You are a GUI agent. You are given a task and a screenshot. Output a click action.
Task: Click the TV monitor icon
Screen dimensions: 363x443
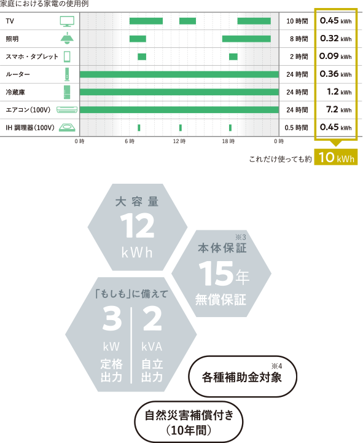(67, 21)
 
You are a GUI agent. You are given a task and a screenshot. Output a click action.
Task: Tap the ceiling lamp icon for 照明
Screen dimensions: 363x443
(67, 39)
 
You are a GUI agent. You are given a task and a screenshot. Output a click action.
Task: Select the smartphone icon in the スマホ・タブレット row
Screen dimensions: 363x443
(67, 57)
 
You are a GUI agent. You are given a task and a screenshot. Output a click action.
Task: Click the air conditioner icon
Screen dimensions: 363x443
(67, 109)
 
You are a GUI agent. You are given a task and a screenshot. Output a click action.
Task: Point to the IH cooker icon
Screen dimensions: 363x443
(67, 127)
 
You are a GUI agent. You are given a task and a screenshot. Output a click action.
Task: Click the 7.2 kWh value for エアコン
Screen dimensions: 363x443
(339, 109)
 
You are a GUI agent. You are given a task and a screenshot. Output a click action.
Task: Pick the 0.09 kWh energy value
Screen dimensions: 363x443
(335, 57)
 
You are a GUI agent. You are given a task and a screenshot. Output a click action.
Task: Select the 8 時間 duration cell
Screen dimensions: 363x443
(299, 39)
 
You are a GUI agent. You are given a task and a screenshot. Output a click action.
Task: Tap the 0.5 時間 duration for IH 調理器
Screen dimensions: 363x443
(296, 128)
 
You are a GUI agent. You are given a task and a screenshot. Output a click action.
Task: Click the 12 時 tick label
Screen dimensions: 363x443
(179, 141)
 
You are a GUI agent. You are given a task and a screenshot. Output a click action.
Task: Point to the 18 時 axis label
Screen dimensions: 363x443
(228, 141)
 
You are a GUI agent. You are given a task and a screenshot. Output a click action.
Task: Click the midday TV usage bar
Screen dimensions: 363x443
(187, 21)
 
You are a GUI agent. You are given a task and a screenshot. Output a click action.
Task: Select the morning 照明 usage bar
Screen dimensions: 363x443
(138, 39)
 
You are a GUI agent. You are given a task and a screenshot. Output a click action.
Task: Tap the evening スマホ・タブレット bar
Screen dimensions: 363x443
(233, 57)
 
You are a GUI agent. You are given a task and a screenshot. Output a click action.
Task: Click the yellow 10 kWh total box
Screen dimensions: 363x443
(336, 157)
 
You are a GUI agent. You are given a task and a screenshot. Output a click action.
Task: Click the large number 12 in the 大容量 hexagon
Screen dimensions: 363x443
(138, 225)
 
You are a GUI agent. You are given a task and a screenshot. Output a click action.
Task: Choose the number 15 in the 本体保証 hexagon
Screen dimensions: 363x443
(216, 273)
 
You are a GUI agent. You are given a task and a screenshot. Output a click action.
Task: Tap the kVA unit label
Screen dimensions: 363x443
(152, 347)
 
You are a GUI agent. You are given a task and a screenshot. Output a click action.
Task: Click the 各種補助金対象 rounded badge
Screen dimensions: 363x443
(243, 376)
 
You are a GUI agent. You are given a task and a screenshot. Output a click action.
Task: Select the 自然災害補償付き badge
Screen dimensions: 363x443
(189, 422)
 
